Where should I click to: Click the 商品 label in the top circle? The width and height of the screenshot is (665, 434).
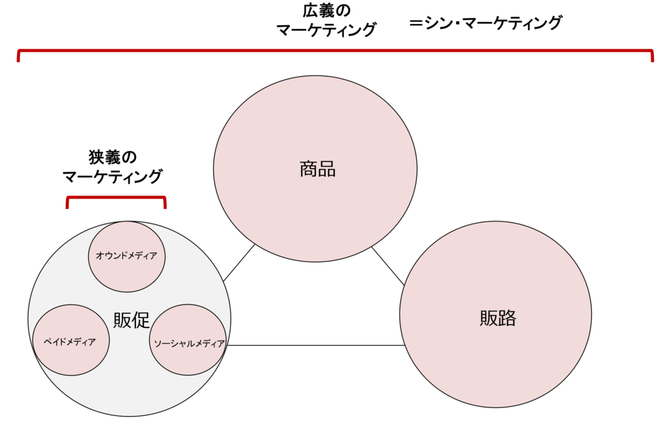point(318,170)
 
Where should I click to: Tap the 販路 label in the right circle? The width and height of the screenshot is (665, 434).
point(498,318)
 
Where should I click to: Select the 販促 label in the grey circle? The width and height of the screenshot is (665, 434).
point(132,320)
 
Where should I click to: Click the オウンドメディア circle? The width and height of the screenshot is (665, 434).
point(127,256)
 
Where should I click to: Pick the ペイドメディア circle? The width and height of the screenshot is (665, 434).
point(71,340)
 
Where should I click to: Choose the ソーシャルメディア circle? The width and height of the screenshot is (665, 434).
point(188,340)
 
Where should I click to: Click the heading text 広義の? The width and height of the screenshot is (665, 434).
point(326,11)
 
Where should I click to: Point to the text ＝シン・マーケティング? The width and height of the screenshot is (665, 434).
point(486,23)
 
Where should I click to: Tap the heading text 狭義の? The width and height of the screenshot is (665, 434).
point(113,158)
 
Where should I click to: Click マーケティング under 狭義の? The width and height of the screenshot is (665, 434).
point(113,176)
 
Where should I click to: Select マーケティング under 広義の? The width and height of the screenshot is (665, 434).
point(326,30)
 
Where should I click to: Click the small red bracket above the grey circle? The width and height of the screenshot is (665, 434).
point(116,197)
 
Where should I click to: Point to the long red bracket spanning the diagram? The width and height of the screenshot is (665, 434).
point(335,51)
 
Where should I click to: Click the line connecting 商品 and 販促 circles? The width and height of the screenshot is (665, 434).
point(239,263)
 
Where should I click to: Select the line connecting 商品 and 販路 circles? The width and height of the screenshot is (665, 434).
point(388,266)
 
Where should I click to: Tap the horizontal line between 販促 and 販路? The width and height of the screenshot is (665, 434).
point(316,345)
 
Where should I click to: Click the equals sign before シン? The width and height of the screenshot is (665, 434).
point(416,23)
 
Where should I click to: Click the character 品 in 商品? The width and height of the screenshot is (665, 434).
point(327,170)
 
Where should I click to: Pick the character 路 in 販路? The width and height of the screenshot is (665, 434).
point(507,318)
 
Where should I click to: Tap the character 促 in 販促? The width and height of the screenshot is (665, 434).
point(141,320)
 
